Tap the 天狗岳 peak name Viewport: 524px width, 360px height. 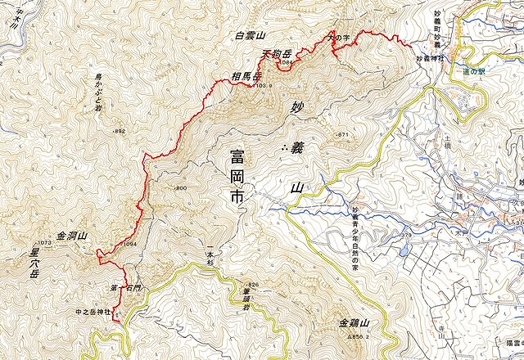pos(276,54)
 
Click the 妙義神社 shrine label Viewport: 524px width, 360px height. pos(430,58)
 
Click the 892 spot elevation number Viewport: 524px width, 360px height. pos(120,131)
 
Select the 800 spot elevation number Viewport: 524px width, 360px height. pos(181,189)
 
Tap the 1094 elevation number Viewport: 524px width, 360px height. pos(128,245)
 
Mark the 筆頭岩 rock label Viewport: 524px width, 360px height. pos(246,295)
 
